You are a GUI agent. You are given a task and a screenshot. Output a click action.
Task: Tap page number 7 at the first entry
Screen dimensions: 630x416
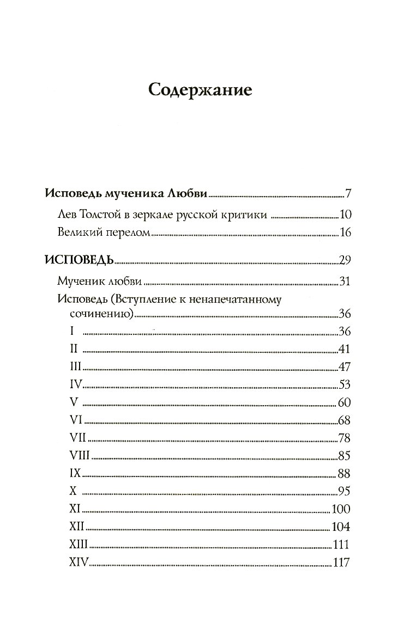pos(347,193)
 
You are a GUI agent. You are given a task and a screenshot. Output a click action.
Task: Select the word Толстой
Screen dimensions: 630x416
pos(103,215)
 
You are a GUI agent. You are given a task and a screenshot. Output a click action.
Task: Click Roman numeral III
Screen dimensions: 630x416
pos(76,366)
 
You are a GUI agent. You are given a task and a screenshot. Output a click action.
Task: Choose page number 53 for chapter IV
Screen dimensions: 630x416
pos(343,385)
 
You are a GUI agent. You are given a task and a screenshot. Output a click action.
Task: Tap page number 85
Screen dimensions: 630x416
pos(343,456)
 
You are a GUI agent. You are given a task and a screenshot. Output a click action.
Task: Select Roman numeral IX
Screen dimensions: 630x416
pos(76,473)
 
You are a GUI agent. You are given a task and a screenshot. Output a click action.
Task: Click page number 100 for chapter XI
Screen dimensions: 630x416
pos(341,509)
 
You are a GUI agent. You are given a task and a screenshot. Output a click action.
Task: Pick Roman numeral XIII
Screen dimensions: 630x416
pos(80,545)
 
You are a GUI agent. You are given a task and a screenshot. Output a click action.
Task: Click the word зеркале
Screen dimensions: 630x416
pos(159,215)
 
